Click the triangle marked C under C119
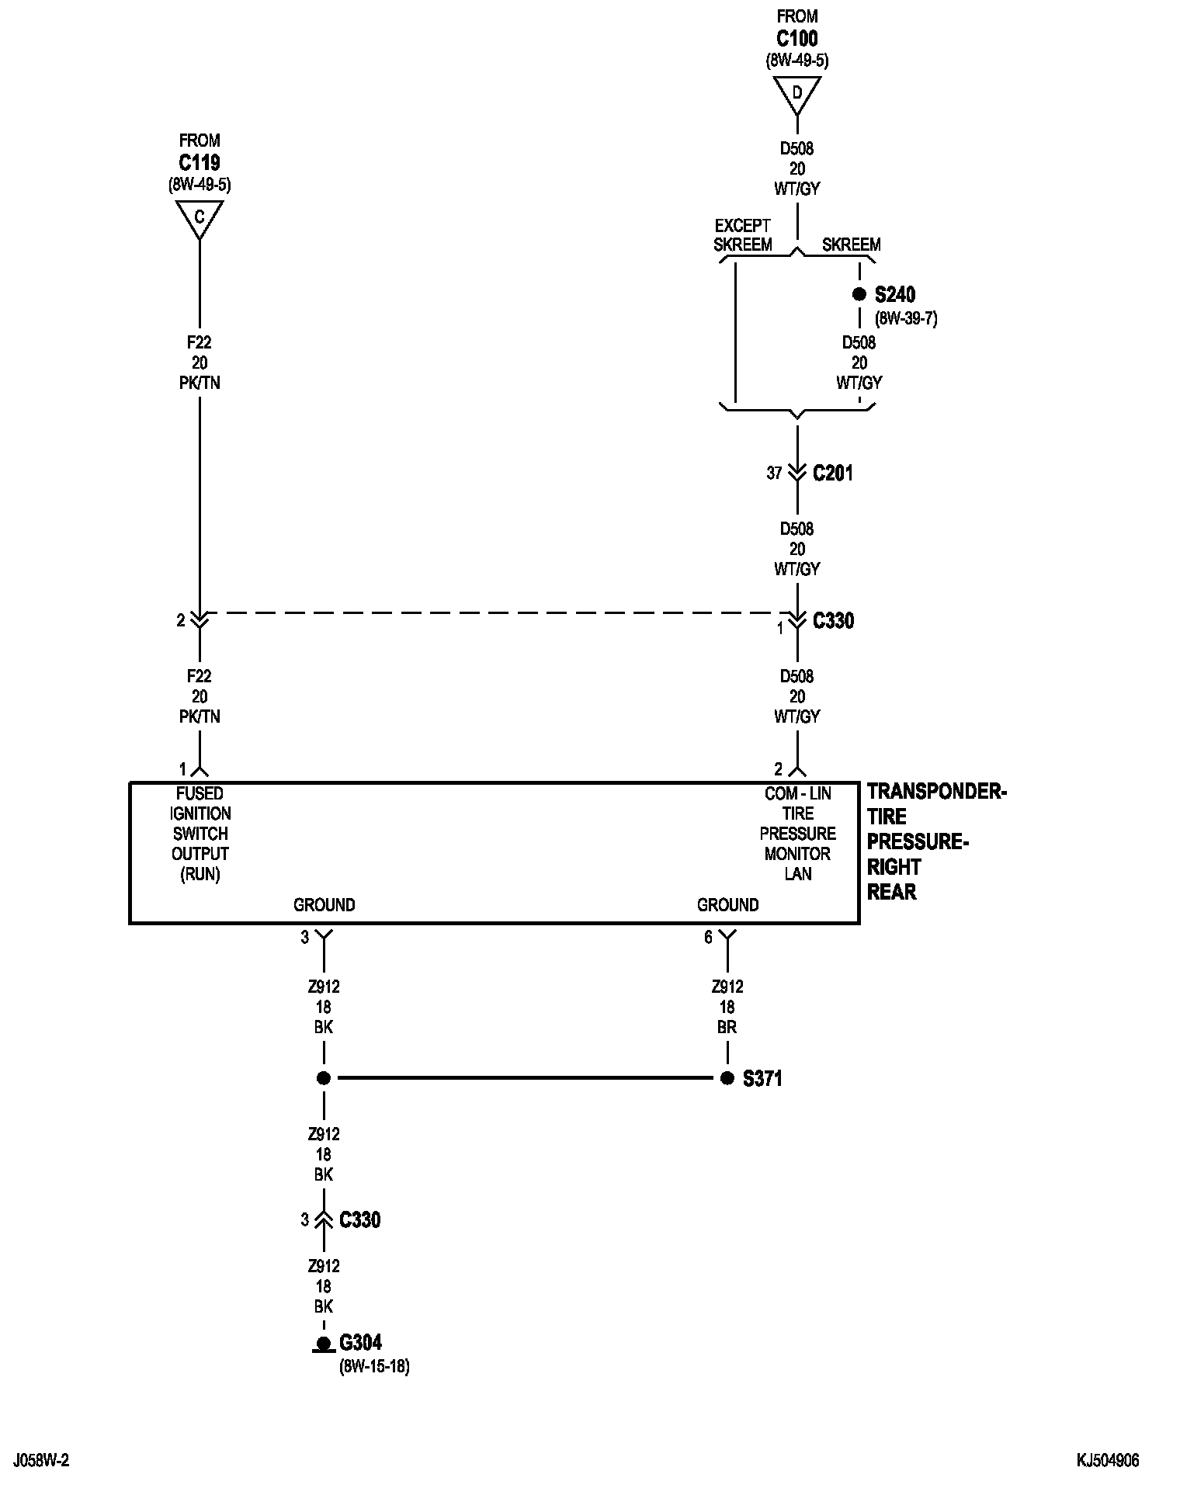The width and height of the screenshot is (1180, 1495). [x=200, y=217]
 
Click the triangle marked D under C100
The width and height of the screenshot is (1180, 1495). [x=797, y=93]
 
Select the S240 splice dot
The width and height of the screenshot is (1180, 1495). [x=859, y=295]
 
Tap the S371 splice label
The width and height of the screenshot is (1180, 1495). [x=762, y=1079]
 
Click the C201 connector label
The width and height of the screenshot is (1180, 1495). [x=833, y=473]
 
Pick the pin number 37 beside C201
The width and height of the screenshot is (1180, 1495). [x=774, y=473]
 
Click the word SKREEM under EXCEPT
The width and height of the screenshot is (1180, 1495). [x=743, y=245]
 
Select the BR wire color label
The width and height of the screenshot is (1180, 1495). [x=727, y=1027]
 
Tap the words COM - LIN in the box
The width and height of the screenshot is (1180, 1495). [x=798, y=793]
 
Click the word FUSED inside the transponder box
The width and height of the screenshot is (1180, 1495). [x=200, y=793]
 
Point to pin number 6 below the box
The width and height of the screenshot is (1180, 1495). [x=708, y=938]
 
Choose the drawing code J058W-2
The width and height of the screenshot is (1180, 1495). [x=41, y=1461]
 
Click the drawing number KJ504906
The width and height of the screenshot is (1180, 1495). [x=1108, y=1461]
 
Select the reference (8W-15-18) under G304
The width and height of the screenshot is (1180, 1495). [x=374, y=1366]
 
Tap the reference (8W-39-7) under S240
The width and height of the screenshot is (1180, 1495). [x=906, y=318]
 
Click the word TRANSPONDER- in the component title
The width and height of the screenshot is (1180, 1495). [x=937, y=792]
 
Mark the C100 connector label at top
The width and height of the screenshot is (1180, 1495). [x=797, y=38]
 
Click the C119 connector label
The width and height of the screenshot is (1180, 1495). [x=200, y=163]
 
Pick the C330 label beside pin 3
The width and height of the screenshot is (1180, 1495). [x=360, y=1220]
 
